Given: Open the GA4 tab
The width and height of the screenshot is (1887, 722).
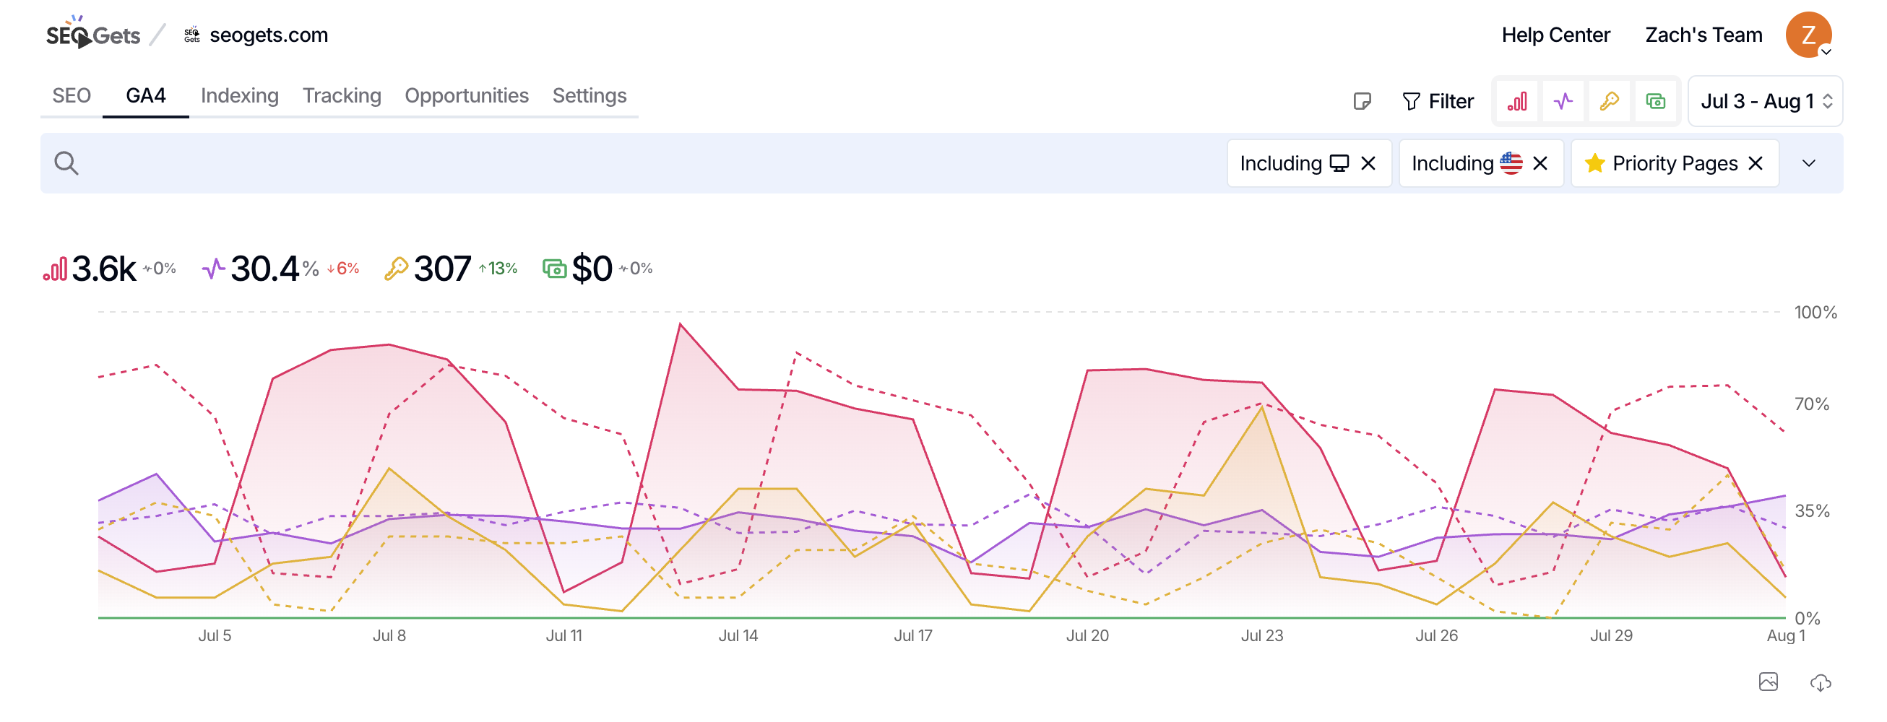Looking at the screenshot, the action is (146, 96).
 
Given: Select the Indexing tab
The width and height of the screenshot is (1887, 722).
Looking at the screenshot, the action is (240, 96).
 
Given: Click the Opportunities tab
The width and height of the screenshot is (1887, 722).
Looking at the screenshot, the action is (467, 96).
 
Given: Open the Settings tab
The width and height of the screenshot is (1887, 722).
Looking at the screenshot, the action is (589, 96).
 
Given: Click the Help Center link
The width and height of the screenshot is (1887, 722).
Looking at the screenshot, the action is (1555, 35).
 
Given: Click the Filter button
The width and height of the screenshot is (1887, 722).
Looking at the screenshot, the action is (1437, 101).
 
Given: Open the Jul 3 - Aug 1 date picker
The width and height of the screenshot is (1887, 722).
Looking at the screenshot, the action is (1765, 101).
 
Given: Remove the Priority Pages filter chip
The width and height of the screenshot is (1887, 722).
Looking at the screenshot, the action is (1755, 163).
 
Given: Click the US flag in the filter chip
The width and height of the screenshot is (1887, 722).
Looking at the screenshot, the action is (1511, 162).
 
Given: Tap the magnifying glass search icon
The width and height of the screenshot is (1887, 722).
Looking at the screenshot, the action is (66, 163).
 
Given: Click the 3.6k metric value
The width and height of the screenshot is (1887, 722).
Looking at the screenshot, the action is (104, 269).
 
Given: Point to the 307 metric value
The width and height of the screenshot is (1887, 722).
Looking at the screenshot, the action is (441, 269).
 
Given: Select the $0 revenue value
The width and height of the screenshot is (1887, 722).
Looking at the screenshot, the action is (592, 269).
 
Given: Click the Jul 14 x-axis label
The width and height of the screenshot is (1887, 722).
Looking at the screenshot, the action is (738, 635).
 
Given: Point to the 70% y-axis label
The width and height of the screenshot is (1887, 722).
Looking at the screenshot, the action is (1811, 404).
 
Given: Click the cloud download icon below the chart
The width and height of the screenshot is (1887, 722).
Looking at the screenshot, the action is (1821, 682).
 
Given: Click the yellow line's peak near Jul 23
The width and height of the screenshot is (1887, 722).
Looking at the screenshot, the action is (1261, 407).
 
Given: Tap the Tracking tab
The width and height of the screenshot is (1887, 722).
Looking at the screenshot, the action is (342, 96).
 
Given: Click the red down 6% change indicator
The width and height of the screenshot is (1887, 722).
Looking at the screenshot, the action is (343, 269).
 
